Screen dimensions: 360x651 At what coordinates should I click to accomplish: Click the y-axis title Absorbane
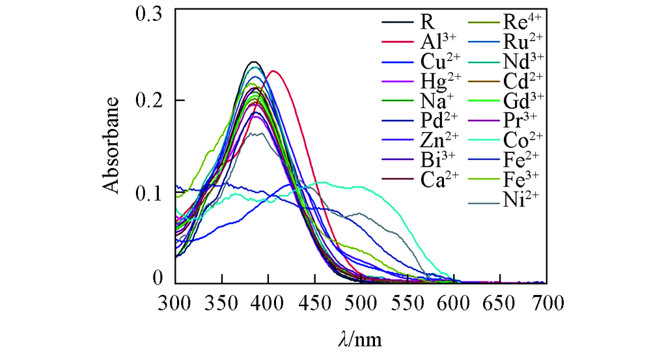click(x=112, y=145)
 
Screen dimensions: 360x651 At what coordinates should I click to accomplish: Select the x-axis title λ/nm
click(x=360, y=339)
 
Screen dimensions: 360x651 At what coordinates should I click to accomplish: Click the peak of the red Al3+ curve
click(x=273, y=71)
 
